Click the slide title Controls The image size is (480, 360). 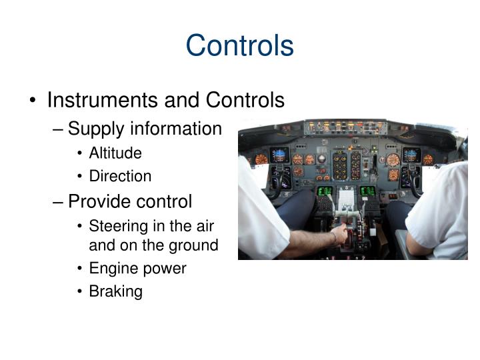click(x=239, y=45)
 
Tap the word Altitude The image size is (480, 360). click(x=115, y=153)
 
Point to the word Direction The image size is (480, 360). click(x=120, y=177)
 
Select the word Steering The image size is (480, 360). click(x=117, y=226)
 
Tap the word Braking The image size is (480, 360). click(x=115, y=292)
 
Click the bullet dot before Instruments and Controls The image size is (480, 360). click(x=33, y=101)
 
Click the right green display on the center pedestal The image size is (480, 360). click(x=366, y=191)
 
